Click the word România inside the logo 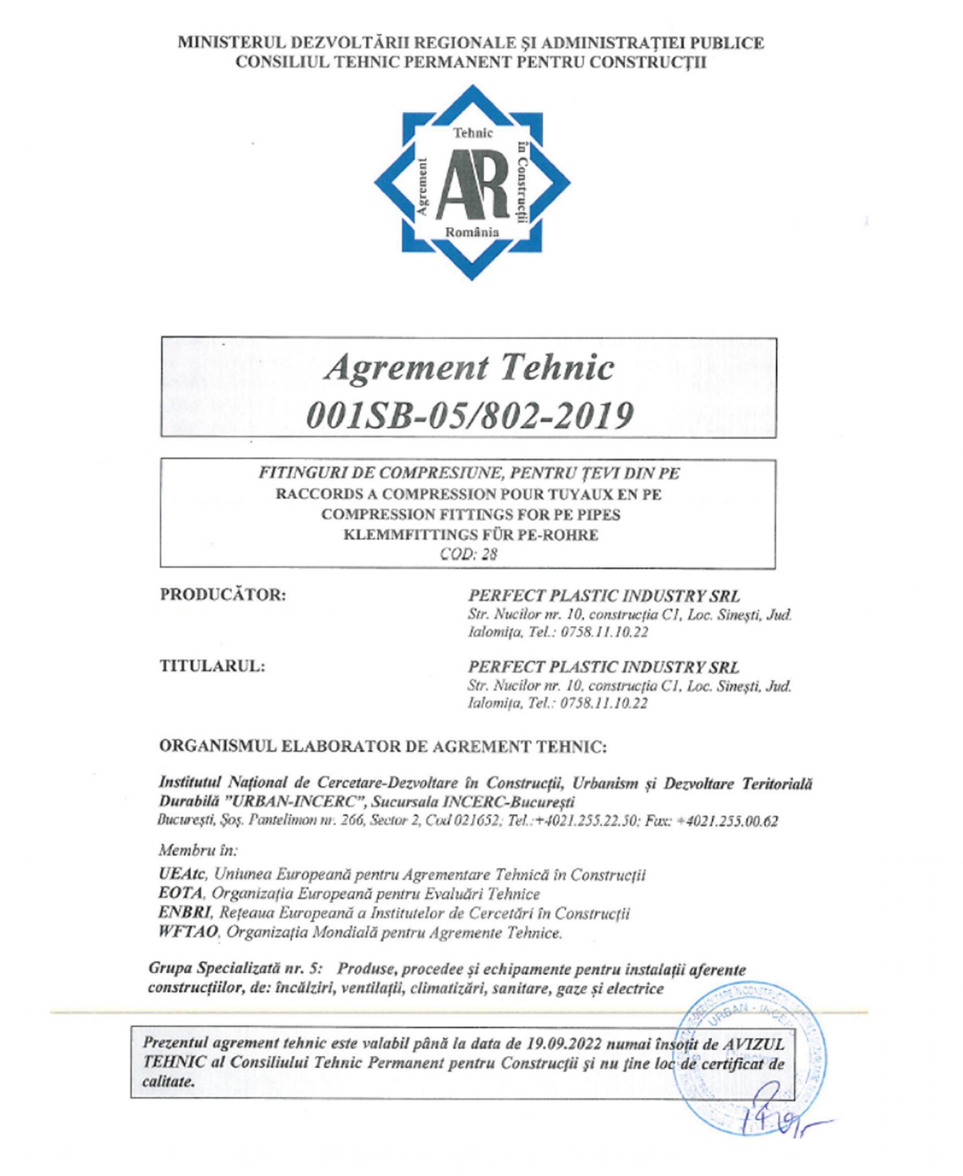click(472, 232)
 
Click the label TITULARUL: click(212, 666)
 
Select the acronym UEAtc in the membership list click(182, 875)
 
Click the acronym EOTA click(181, 894)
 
